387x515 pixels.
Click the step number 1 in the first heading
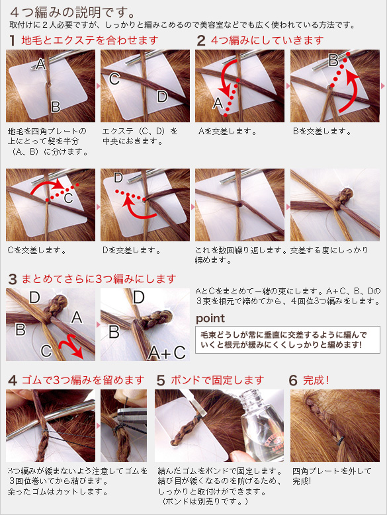[12, 40]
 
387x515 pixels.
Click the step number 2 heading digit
[201, 40]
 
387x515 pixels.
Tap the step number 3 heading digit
[12, 278]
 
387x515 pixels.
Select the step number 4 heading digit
[12, 380]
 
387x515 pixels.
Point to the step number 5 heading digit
[161, 380]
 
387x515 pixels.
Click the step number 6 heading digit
[293, 380]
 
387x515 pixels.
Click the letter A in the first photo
[41, 64]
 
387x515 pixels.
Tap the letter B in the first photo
[56, 106]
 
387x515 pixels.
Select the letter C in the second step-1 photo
[114, 79]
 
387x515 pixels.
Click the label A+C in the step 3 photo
[167, 351]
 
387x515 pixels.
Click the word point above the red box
[210, 318]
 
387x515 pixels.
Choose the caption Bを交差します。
[322, 131]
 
